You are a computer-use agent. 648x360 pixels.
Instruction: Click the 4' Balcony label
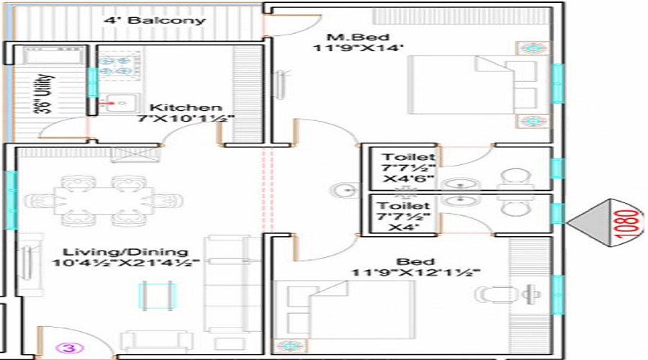coord(155,20)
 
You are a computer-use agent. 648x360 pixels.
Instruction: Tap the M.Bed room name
coord(358,37)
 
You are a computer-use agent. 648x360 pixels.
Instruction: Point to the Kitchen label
coord(186,107)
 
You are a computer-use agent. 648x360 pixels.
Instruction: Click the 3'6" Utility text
coord(43,94)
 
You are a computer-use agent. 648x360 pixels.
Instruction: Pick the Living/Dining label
coord(125,252)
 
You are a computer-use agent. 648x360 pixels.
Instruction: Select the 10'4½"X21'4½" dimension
coord(126,263)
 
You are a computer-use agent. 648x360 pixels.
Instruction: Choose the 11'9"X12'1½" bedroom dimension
coord(415,273)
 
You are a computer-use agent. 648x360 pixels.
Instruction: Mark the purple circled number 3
coord(69,348)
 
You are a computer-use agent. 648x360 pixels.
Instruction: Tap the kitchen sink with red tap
coord(119,103)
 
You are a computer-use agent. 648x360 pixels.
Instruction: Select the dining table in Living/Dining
coord(103,201)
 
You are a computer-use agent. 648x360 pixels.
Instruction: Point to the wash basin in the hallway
coord(345,191)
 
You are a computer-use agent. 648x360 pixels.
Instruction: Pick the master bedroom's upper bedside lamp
coord(534,48)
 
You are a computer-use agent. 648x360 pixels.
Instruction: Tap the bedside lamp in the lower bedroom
coord(290,346)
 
